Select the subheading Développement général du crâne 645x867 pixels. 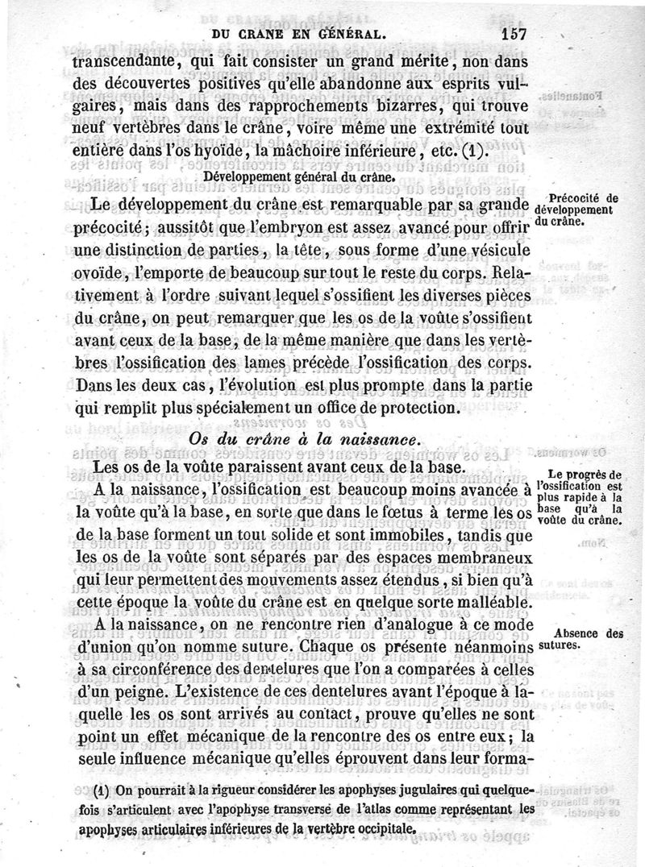(x=298, y=174)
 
